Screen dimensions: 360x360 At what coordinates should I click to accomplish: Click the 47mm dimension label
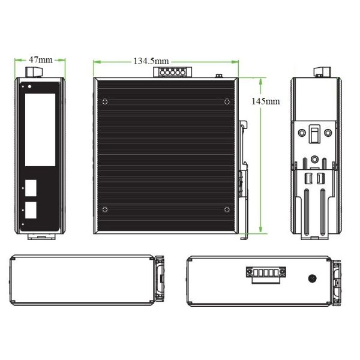(x=41, y=60)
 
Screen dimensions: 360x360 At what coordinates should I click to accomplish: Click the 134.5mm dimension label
(x=151, y=61)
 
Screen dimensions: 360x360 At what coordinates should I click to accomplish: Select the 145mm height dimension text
(x=266, y=101)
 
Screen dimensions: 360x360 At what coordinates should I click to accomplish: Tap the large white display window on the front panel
(x=40, y=130)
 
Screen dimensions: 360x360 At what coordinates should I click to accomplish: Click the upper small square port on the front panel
(x=31, y=188)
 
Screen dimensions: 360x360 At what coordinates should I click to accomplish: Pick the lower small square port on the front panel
(x=31, y=210)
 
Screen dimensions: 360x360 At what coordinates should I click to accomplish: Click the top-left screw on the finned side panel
(x=105, y=101)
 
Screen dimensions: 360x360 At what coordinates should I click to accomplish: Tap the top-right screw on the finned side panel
(x=227, y=101)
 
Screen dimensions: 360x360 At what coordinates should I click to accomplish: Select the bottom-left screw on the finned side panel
(x=105, y=209)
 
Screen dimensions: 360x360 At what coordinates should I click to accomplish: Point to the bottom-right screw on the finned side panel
(x=227, y=209)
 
